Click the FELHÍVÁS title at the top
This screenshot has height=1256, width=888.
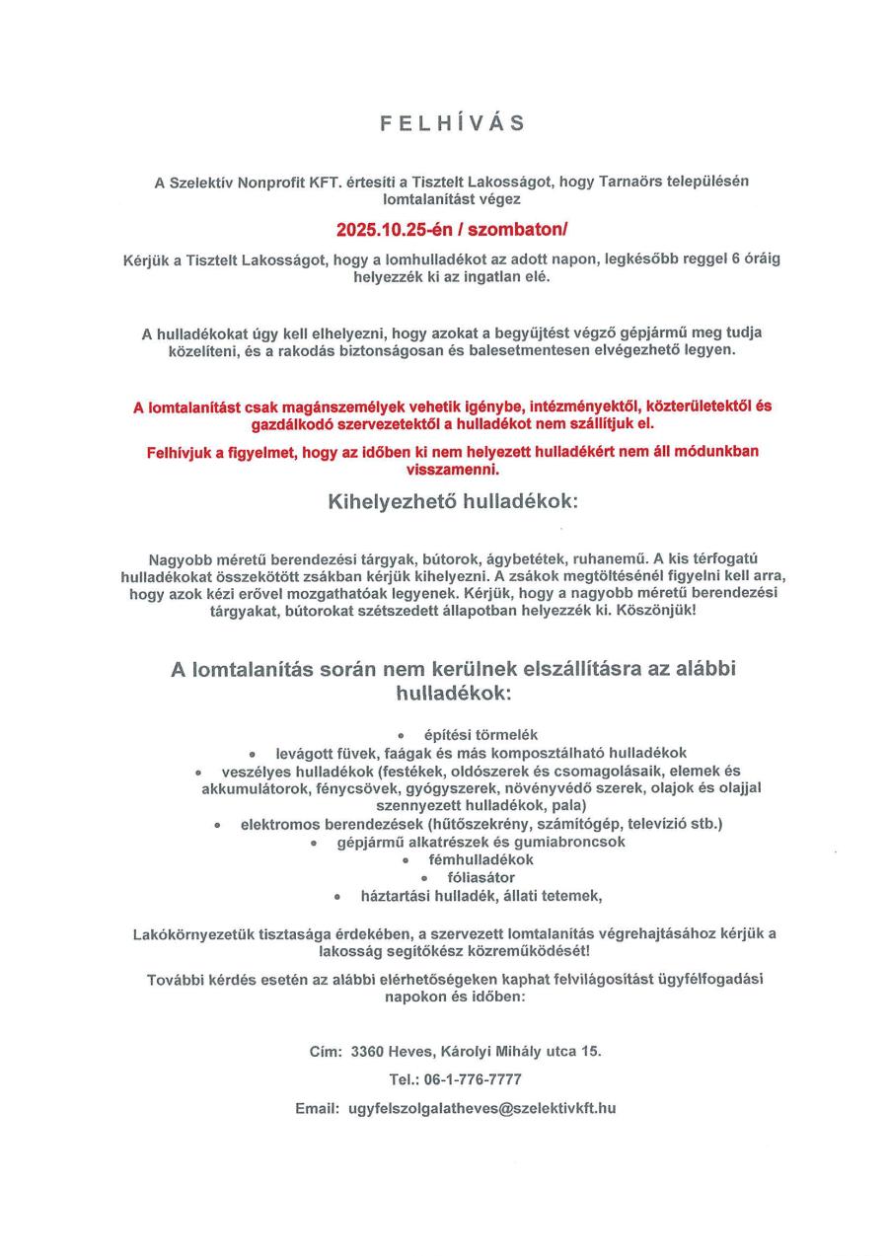(x=453, y=123)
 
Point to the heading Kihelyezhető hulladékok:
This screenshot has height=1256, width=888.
(x=453, y=501)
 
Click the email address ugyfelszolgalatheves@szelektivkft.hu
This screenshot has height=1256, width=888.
(x=482, y=1108)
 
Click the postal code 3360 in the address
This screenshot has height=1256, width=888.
(x=368, y=1051)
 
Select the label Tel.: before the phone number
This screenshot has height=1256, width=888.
(x=405, y=1079)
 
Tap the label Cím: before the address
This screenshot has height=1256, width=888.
(x=326, y=1051)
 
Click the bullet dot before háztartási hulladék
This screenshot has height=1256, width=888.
(x=337, y=897)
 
